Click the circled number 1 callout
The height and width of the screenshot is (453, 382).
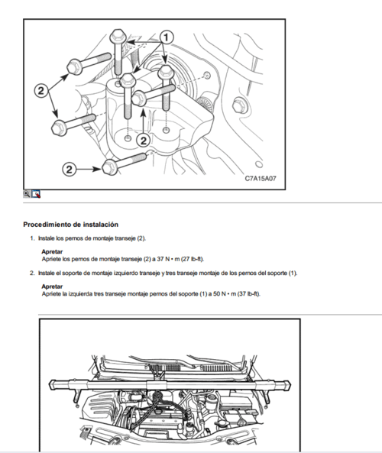coord(168,35)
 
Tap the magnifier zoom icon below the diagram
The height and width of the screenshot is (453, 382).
coord(28,194)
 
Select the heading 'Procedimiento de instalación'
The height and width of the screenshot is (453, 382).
coord(70,225)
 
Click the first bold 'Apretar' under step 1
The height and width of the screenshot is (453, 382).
coord(52,251)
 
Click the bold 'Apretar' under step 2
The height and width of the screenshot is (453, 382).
coord(52,286)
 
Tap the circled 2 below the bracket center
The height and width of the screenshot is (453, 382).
coord(142,140)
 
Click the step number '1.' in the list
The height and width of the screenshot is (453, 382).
coord(31,239)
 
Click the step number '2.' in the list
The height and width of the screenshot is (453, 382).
coord(31,273)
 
